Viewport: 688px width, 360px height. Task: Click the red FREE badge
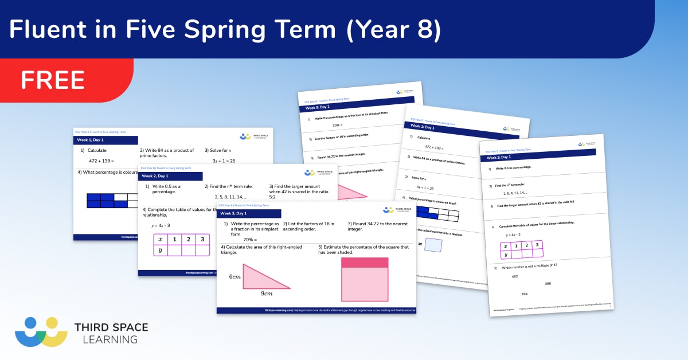(x=53, y=80)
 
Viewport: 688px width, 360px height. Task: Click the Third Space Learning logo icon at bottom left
(x=41, y=332)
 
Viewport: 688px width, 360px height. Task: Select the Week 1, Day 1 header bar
(x=106, y=140)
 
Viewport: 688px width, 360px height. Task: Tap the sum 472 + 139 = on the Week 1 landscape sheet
(x=101, y=161)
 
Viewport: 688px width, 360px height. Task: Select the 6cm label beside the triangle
(x=235, y=276)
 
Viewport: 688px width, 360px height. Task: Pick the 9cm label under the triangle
(x=266, y=294)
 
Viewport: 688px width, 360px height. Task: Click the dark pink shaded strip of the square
(x=365, y=263)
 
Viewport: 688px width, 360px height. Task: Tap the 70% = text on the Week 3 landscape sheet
(x=249, y=239)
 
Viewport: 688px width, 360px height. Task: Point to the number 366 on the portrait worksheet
(x=548, y=283)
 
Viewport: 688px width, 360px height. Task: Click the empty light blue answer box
(x=433, y=245)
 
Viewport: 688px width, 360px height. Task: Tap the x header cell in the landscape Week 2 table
(x=161, y=239)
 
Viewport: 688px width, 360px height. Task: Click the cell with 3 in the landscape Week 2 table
(x=202, y=239)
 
